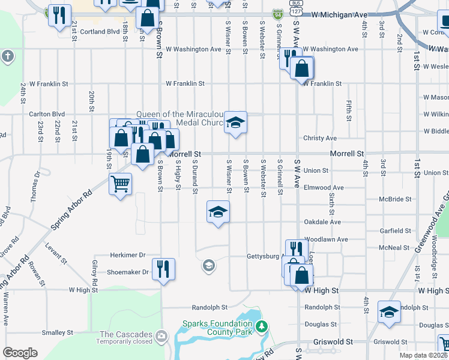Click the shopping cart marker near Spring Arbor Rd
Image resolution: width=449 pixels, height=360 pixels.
pyautogui.click(x=120, y=184)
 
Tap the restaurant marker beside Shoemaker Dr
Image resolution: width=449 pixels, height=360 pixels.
pyautogui.click(x=163, y=268)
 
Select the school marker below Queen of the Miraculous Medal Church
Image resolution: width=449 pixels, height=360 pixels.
pyautogui.click(x=236, y=123)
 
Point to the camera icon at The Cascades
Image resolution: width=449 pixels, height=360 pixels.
pyautogui.click(x=160, y=335)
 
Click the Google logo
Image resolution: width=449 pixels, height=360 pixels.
pyautogui.click(x=19, y=353)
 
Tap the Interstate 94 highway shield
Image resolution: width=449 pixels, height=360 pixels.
pyautogui.click(x=277, y=13)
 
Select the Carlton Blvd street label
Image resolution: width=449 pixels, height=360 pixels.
pyautogui.click(x=47, y=113)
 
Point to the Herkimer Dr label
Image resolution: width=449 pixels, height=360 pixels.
pyautogui.click(x=128, y=255)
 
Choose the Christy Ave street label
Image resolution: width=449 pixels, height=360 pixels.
pyautogui.click(x=320, y=138)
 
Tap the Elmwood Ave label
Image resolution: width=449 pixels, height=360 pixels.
pyautogui.click(x=324, y=187)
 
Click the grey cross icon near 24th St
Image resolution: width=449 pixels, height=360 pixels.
pyautogui.click(x=7, y=57)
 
